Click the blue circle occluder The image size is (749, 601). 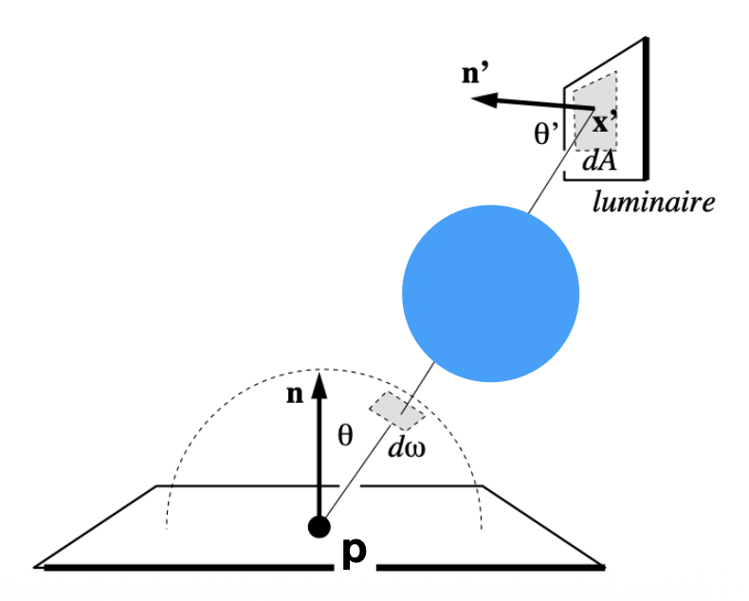[x=490, y=293]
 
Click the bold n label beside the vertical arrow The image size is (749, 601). [x=294, y=394]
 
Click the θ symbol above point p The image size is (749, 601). [x=345, y=435]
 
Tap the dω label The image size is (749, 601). [x=407, y=446]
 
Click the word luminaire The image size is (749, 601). [x=653, y=201]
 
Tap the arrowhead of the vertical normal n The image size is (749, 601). [x=320, y=381]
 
